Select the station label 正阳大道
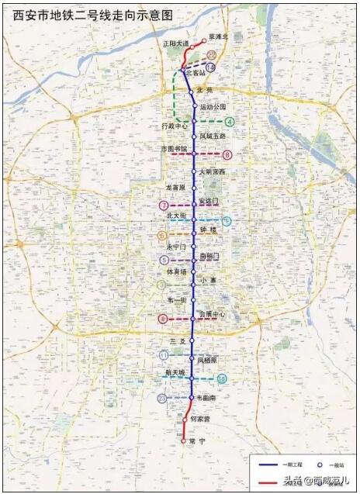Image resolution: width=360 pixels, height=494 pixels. coord(175,44)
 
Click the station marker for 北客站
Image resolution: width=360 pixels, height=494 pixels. coord(183,71)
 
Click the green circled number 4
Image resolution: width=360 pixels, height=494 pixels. coord(230,122)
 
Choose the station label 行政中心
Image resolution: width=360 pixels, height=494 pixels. coord(175,126)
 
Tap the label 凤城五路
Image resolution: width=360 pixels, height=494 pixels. coord(212,136)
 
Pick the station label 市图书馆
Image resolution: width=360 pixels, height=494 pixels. coord(174,147)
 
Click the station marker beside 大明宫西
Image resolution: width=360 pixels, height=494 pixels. coord(193,171)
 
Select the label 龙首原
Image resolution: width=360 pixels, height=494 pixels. coord(176,187)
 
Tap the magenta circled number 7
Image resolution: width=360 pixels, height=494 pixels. coord(163,206)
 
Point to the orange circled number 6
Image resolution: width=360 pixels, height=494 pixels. coord(161,236)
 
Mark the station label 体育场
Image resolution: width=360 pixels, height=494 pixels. coord(178,272)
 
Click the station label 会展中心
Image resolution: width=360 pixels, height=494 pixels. coord(212,315)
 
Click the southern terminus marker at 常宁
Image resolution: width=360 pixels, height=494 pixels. coord(184,440)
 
